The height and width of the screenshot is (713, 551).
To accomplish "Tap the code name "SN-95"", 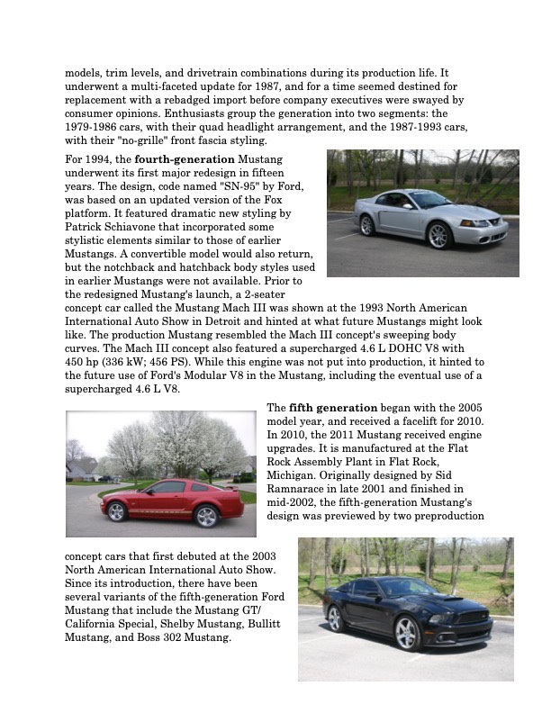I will (x=191, y=186).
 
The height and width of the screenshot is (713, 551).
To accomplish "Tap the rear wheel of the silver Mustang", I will (x=367, y=225).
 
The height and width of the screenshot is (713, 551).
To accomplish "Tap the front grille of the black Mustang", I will (x=474, y=621).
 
